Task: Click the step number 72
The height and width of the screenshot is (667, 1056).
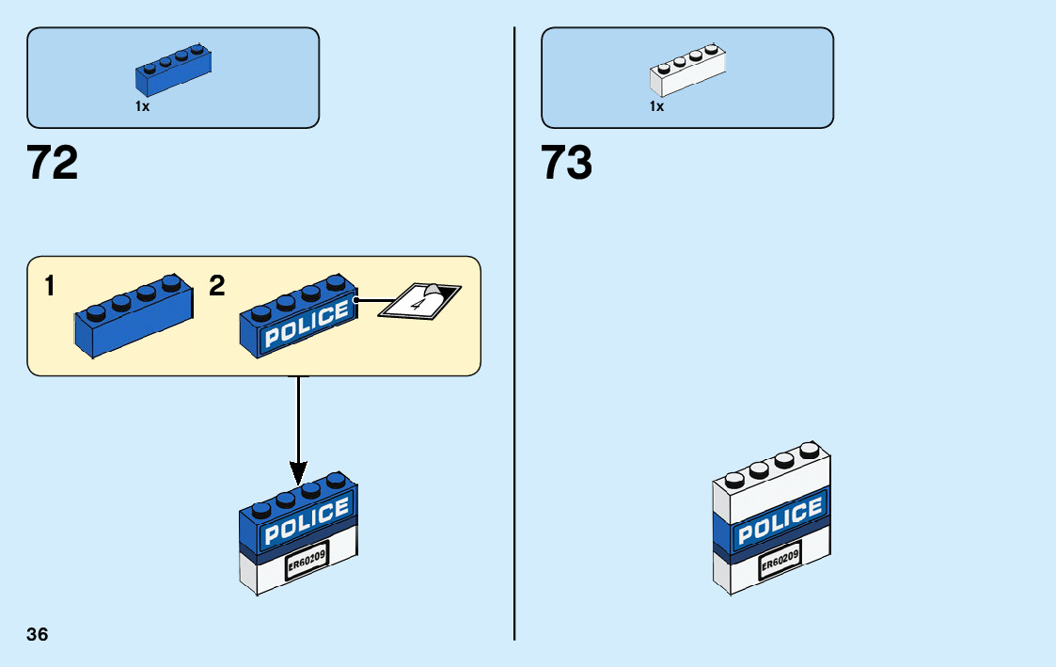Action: tap(53, 163)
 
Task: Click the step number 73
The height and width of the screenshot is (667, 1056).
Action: tap(566, 163)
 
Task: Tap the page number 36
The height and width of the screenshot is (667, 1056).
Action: tap(38, 634)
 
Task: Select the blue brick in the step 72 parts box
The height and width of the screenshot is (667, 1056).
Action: tap(173, 71)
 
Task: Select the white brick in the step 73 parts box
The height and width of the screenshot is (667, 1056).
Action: tap(687, 71)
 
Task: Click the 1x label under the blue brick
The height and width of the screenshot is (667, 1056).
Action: tap(142, 106)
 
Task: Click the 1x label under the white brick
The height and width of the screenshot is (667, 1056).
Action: tap(656, 106)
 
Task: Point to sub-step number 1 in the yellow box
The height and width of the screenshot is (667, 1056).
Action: tap(49, 287)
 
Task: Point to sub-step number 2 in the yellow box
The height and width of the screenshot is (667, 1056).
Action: tap(217, 287)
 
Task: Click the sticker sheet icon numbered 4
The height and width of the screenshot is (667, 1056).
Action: tap(418, 301)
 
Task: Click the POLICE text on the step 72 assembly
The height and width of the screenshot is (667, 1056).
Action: tap(307, 522)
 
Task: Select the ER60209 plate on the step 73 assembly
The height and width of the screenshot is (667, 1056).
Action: tap(780, 564)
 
